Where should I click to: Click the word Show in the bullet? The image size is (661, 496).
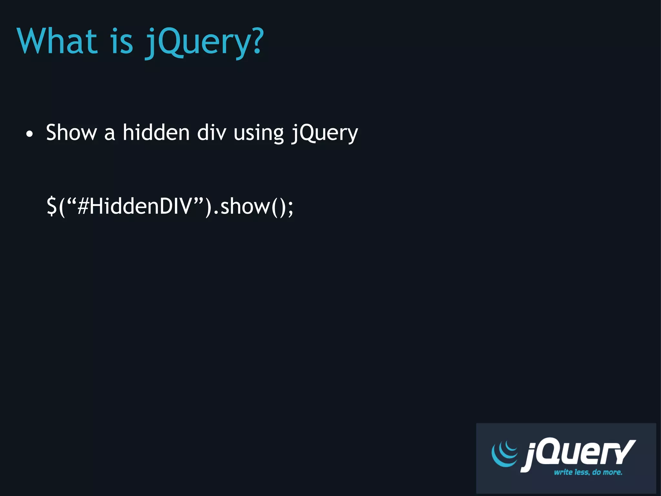point(71,132)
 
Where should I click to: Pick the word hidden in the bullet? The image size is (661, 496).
point(156,132)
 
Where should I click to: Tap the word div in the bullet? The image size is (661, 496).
point(211,132)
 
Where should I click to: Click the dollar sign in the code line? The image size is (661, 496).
point(52,206)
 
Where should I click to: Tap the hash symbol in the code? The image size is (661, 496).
point(83,206)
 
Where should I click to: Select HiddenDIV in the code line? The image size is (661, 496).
point(140,206)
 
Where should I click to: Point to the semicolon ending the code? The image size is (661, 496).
point(290,208)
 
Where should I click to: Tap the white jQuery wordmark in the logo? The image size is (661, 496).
point(578,454)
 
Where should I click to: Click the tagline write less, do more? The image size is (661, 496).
point(588,472)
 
